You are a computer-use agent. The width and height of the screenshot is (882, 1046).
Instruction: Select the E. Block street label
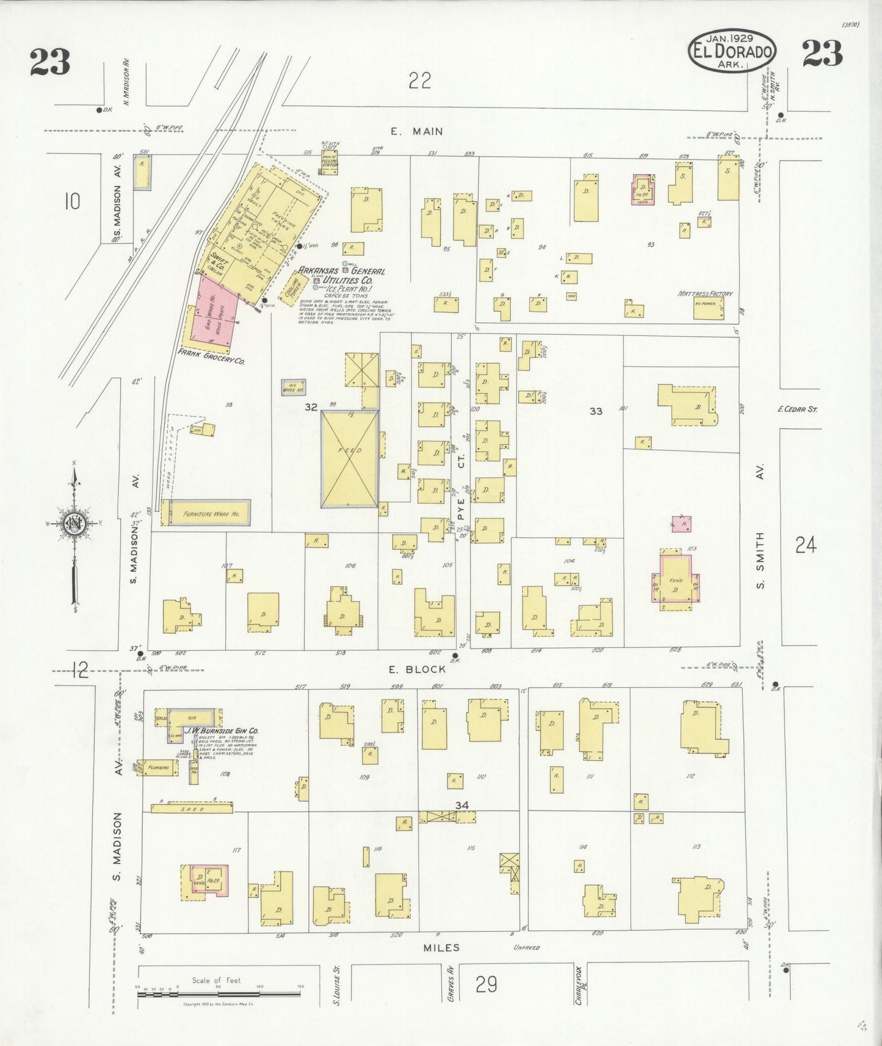418,669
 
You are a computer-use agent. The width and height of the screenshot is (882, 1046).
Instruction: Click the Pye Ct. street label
461,487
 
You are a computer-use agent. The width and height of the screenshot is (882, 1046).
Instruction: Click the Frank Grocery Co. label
211,358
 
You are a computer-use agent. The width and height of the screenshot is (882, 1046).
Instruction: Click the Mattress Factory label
705,294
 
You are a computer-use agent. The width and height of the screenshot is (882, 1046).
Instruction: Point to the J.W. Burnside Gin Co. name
222,730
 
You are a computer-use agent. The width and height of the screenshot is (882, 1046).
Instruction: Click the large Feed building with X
350,458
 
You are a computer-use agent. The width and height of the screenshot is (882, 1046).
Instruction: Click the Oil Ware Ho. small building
293,387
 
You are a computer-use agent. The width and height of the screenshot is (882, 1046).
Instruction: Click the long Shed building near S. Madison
192,809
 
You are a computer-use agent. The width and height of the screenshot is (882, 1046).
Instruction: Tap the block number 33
596,411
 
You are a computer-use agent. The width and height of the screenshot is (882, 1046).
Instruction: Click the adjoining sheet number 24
806,544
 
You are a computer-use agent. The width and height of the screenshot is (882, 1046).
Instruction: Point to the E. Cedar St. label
797,409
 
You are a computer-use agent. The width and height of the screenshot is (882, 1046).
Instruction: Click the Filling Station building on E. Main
330,164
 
